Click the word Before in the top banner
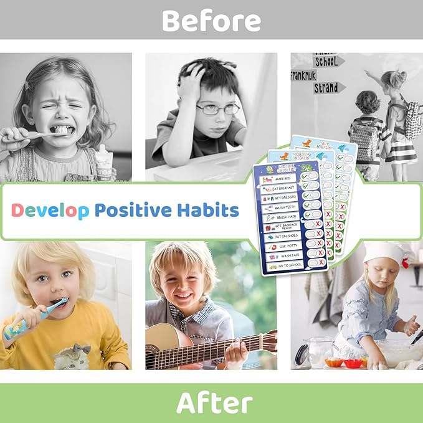click(x=211, y=21)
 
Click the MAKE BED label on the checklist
click(x=284, y=179)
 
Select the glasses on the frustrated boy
click(x=218, y=108)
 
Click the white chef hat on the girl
click(x=384, y=252)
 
